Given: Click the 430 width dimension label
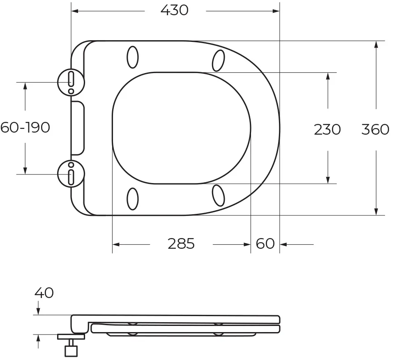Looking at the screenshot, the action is tap(174, 11).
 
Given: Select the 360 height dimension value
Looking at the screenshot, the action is tap(375, 130).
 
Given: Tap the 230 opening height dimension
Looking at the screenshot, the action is tap(327, 130).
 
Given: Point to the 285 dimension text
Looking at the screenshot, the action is tap(181, 243).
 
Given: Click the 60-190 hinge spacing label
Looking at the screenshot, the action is tap(25, 127).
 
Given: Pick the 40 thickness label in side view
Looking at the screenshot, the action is tap(44, 293).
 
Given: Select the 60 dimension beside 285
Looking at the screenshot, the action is tap(265, 243).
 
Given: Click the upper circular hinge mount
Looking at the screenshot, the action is tap(71, 82).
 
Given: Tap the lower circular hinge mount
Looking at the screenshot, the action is tap(71, 174).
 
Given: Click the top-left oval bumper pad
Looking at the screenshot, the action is tap(133, 57).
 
